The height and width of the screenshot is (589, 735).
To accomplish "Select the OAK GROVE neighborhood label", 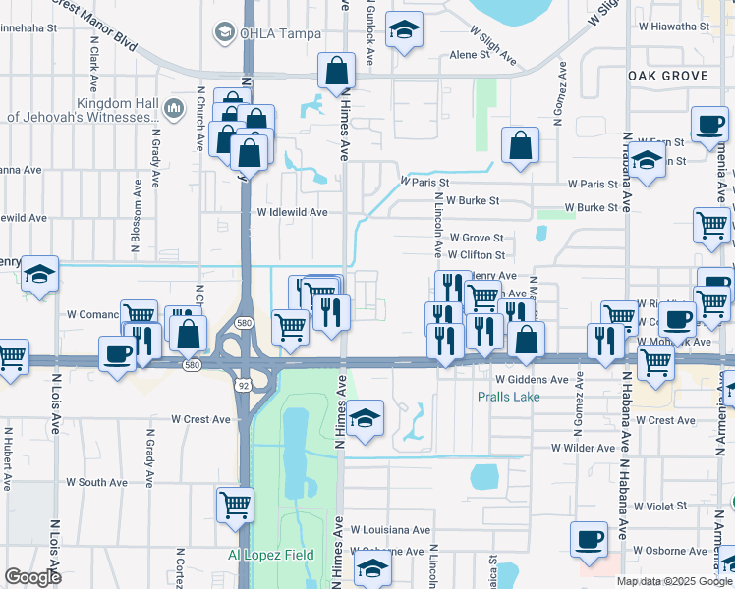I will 667,76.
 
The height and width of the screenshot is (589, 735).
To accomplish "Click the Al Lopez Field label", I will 271,555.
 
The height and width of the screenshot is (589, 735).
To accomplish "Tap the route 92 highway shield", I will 242,385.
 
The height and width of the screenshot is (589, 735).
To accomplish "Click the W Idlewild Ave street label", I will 292,212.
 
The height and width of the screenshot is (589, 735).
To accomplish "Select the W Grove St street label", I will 476,238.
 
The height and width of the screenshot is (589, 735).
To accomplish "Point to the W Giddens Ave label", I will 532,379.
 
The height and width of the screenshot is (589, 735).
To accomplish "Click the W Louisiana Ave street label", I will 390,529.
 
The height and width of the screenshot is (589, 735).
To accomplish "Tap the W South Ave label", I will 96,482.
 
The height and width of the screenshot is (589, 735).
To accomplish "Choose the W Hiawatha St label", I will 687,27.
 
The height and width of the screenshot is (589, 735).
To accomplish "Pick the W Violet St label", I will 660,507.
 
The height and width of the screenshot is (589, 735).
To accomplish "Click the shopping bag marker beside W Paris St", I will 520,145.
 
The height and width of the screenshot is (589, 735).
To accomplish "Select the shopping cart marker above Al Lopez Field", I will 235,505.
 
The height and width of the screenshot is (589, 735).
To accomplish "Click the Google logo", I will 32,577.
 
